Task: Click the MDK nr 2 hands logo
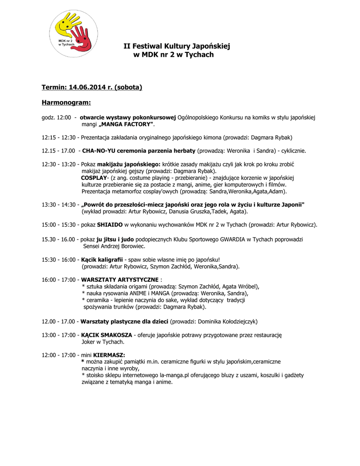73,34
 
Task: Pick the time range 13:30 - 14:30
59,205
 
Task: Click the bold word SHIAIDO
110,225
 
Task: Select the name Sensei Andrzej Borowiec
114,246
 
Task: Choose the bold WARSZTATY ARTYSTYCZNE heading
120,279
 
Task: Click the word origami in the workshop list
141,286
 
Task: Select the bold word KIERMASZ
109,355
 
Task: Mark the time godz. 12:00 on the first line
56,117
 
